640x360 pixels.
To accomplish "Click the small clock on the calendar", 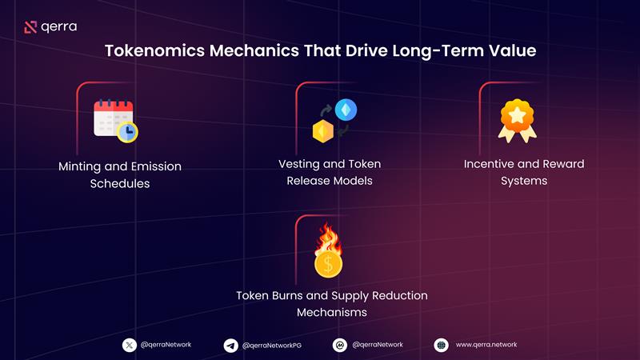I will coord(126,131).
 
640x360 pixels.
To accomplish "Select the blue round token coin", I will coord(346,110).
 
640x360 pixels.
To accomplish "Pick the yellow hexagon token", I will coord(322,132).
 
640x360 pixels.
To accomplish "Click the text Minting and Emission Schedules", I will coord(120,175).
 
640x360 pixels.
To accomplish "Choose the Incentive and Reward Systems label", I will coord(524,172).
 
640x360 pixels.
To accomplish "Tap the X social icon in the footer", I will coord(130,345).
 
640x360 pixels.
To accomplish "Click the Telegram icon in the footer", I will coord(230,345).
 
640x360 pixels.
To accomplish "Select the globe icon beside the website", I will coord(441,345).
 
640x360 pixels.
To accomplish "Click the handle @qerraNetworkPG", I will coord(273,345).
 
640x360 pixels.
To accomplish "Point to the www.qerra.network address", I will coord(486,345).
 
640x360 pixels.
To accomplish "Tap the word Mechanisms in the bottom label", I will coord(332,312).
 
